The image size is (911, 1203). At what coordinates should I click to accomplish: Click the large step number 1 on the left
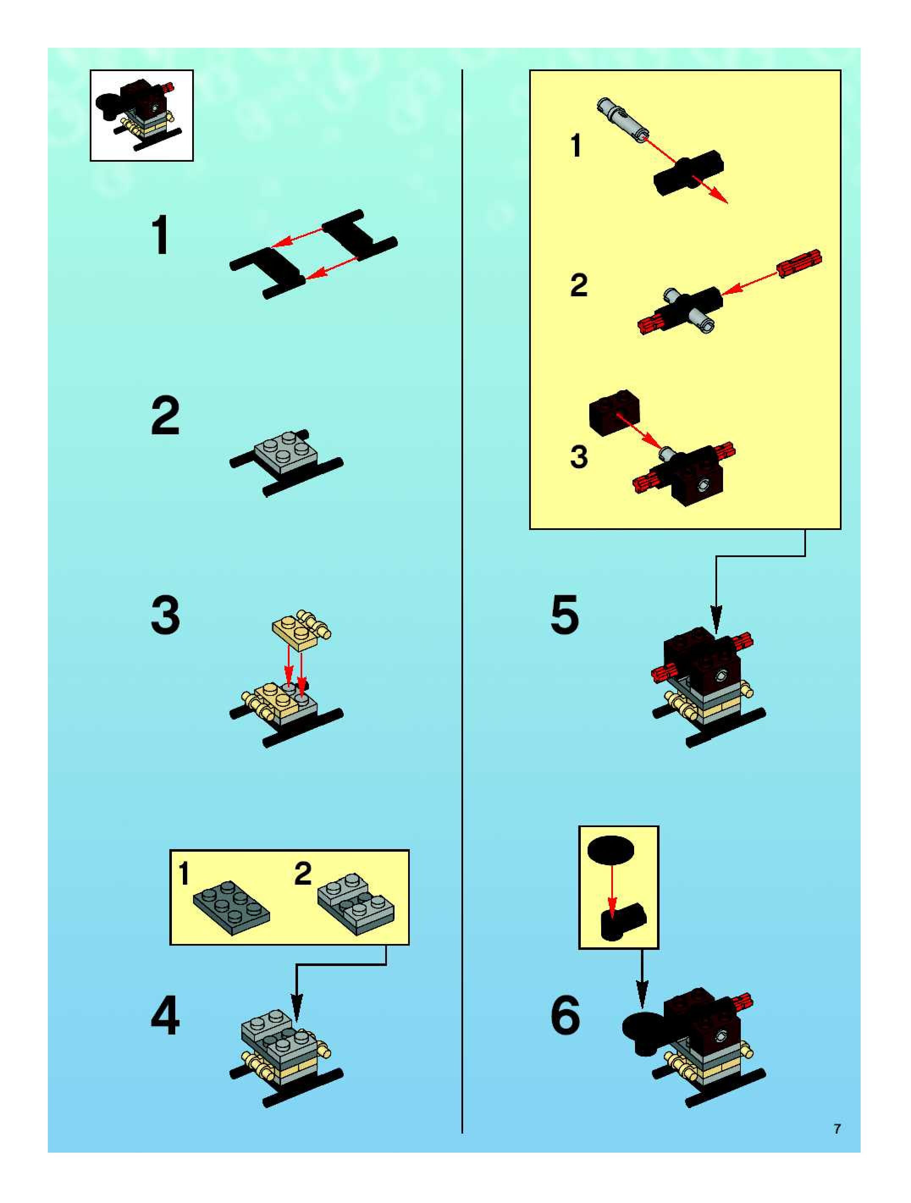[x=161, y=235]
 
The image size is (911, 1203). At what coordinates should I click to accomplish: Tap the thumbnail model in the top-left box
[x=141, y=115]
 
